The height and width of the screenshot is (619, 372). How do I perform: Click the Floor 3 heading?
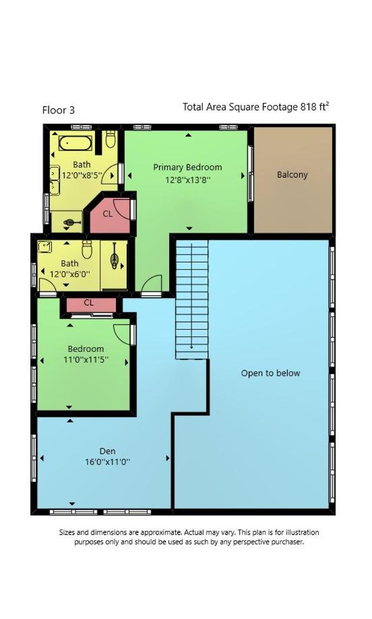click(x=58, y=110)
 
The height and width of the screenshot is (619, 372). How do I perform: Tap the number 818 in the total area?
click(x=309, y=107)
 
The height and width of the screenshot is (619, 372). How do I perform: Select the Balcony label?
click(x=292, y=175)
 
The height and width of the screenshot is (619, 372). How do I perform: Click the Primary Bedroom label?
click(x=187, y=168)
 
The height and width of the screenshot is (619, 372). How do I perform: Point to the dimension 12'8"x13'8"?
click(x=188, y=180)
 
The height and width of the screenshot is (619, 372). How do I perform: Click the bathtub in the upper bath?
click(x=75, y=143)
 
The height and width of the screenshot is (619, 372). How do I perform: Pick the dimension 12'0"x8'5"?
click(x=82, y=176)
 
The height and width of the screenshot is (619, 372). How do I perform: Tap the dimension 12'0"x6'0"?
click(x=69, y=273)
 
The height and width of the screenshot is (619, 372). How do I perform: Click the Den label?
click(x=108, y=451)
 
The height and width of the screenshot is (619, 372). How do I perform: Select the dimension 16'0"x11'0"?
click(x=108, y=462)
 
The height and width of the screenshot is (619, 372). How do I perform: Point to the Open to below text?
click(x=270, y=373)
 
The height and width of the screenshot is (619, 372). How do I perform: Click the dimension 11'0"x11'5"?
click(x=86, y=360)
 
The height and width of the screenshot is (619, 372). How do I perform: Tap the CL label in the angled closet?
click(x=108, y=214)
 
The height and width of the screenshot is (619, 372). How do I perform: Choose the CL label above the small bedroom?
click(x=88, y=303)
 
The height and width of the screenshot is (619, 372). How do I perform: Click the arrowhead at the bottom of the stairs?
click(x=192, y=347)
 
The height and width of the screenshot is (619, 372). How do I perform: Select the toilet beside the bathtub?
click(x=111, y=139)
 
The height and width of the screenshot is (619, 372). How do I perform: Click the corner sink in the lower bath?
click(x=44, y=247)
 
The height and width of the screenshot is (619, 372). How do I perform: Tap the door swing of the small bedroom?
click(x=122, y=334)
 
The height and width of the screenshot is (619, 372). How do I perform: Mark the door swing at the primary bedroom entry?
click(x=152, y=284)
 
